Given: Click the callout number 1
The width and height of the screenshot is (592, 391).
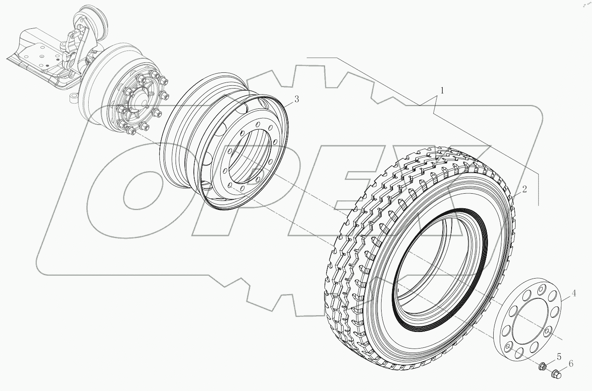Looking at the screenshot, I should pos(442,91).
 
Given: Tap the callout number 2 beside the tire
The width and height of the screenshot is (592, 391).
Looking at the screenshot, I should pos(524,189).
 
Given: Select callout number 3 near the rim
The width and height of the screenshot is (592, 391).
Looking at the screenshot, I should pos(297,99).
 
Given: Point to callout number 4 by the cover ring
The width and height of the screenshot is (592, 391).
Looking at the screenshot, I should pos(574,294).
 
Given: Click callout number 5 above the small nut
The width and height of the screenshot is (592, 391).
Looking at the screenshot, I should pos(559,357).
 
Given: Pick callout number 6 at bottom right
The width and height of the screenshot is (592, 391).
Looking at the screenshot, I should pos(571,364).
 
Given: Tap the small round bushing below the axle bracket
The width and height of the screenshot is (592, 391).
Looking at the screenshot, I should pos(73,98).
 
